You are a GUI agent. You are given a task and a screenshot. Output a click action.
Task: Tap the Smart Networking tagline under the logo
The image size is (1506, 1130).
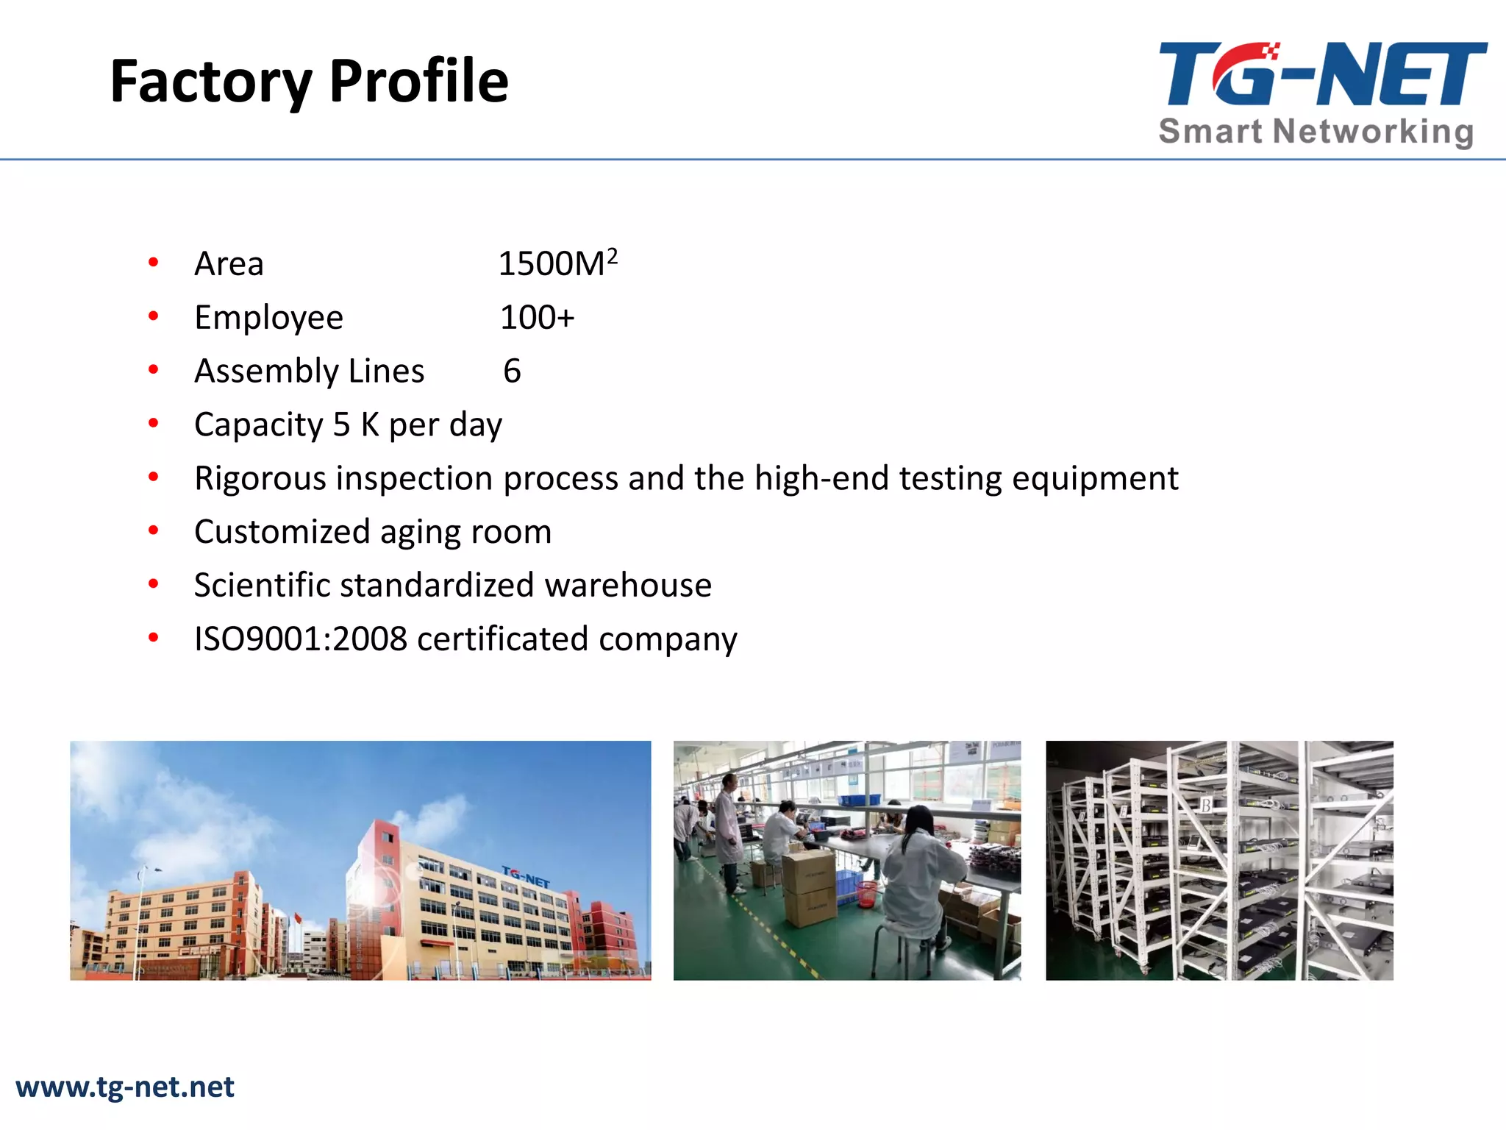tap(1316, 132)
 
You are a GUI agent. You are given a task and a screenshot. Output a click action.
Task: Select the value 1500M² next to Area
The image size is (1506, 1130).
tap(557, 263)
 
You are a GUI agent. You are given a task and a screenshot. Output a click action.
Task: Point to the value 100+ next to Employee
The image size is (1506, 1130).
tap(537, 317)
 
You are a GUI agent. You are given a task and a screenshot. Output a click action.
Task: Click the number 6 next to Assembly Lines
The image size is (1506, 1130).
tap(512, 371)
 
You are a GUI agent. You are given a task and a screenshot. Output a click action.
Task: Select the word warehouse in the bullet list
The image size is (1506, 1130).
tap(627, 586)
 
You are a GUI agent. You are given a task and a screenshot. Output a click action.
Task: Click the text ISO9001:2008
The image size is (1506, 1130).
tap(300, 639)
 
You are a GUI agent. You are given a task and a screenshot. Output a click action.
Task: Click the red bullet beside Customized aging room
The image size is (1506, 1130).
tap(153, 530)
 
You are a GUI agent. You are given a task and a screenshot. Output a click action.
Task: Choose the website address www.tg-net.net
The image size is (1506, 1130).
tap(125, 1087)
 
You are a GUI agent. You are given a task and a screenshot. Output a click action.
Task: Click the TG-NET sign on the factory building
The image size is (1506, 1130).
tap(526, 876)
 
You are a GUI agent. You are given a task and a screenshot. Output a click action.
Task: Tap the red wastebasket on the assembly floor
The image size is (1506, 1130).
tap(868, 893)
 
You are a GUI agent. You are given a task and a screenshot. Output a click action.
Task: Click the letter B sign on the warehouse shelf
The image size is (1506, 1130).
tap(1206, 805)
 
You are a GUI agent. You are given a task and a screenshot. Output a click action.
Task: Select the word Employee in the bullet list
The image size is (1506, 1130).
tap(268, 318)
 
